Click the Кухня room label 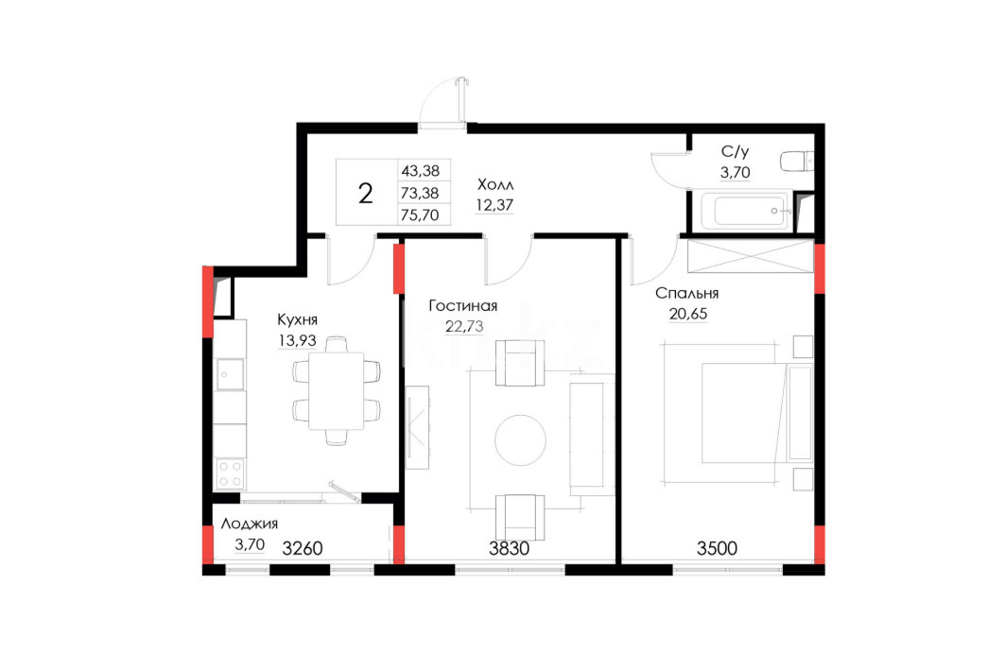[x=297, y=319]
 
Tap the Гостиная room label [x=462, y=305]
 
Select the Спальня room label [x=686, y=293]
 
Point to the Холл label [x=495, y=184]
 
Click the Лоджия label [x=250, y=524]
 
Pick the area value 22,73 [x=464, y=326]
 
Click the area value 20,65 [x=687, y=314]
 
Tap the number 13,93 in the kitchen [x=297, y=340]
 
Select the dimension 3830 [x=509, y=548]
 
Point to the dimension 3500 [x=717, y=548]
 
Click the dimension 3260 [x=302, y=548]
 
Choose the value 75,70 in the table [x=420, y=215]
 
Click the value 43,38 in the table [x=421, y=171]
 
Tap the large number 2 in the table [x=365, y=193]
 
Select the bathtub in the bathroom [x=745, y=211]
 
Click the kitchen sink [x=230, y=375]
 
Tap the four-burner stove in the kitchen [x=230, y=474]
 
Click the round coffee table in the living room [x=520, y=440]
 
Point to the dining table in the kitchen [x=337, y=390]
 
